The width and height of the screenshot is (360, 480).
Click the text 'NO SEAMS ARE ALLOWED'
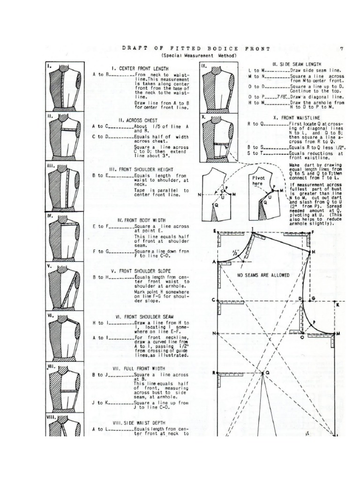point(263,275)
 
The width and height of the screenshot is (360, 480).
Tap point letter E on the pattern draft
point(214,232)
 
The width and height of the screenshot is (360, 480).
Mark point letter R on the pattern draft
point(214,373)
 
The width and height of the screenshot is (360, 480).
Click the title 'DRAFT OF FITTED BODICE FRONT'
point(195,49)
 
